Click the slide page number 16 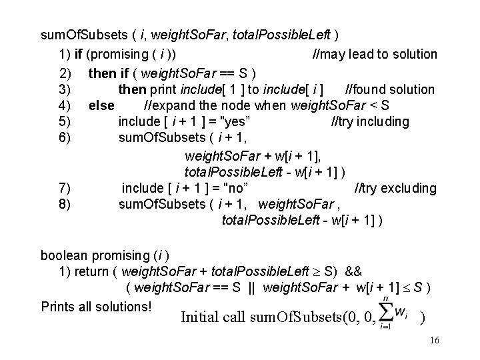434,341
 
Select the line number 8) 65,204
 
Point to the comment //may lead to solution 375,54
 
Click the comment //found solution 389,89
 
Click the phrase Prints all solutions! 97,307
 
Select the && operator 354,271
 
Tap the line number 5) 65,121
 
